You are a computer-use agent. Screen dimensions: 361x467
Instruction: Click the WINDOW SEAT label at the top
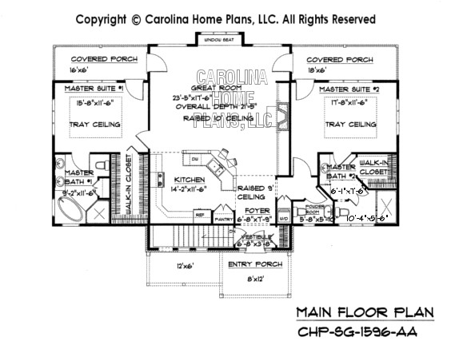tap(214, 39)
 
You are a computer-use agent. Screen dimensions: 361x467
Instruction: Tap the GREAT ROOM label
tap(213, 88)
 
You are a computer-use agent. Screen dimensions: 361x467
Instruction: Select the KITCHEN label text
tap(190, 180)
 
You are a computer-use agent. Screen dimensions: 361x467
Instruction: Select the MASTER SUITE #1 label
tap(95, 90)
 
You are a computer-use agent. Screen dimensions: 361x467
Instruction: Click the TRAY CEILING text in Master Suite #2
tap(351, 125)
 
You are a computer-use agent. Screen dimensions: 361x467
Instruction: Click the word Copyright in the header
tap(101, 17)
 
